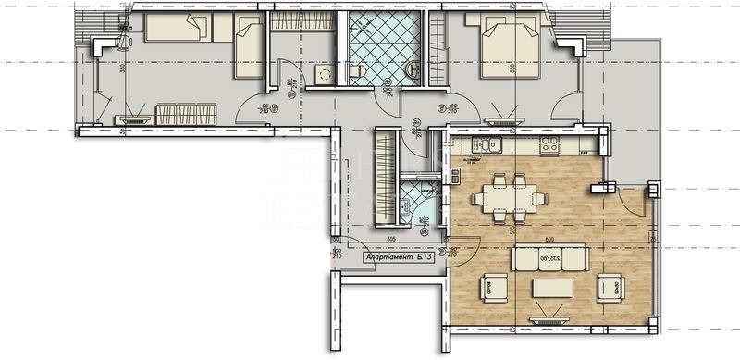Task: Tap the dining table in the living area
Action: click(509, 197)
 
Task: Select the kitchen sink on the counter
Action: click(485, 144)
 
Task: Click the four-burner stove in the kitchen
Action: click(549, 144)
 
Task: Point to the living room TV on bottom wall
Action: click(537, 320)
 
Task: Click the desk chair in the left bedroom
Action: click(126, 39)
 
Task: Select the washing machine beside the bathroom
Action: click(323, 74)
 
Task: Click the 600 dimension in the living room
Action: click(549, 239)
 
